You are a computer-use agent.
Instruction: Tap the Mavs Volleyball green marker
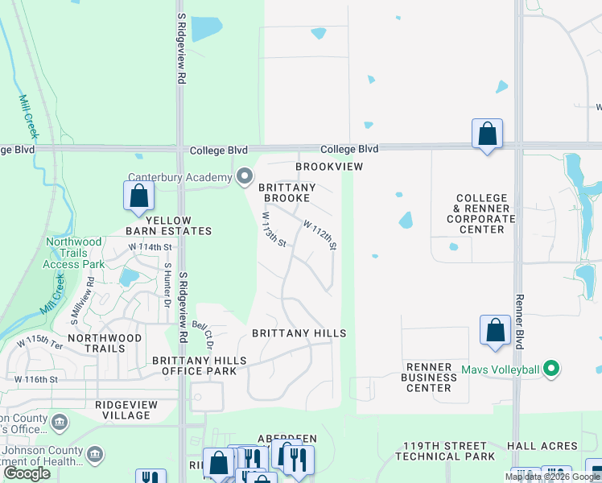pyautogui.click(x=551, y=370)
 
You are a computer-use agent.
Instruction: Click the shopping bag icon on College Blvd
pyautogui.click(x=487, y=134)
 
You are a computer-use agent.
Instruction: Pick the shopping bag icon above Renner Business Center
pyautogui.click(x=495, y=330)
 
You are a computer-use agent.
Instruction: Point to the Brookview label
pyautogui.click(x=329, y=167)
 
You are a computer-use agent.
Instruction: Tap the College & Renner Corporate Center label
pyautogui.click(x=480, y=213)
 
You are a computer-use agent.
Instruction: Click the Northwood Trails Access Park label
pyautogui.click(x=74, y=252)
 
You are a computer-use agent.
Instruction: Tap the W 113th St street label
pyautogui.click(x=274, y=229)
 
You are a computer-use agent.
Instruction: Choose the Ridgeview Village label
pyautogui.click(x=122, y=410)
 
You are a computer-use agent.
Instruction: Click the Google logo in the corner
pyautogui.click(x=27, y=473)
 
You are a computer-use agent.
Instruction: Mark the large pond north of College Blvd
pyautogui.click(x=206, y=29)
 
